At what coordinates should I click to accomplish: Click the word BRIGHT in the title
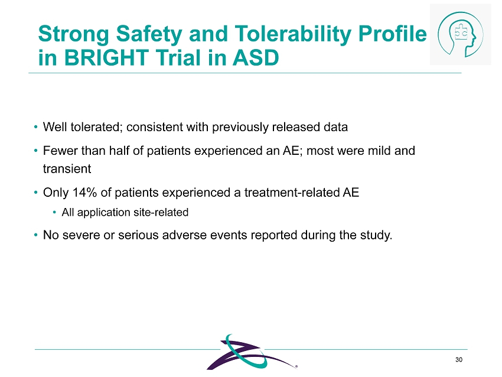[x=106, y=58]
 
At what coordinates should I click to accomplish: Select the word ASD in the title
[x=256, y=58]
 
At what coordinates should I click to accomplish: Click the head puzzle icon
[x=461, y=34]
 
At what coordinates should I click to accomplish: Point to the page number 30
[x=459, y=360]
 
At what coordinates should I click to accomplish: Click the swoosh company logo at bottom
[x=252, y=352]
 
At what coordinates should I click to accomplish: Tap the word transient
[x=67, y=169]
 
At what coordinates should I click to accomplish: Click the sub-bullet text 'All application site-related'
[x=125, y=212]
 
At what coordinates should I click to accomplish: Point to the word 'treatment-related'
[x=292, y=193]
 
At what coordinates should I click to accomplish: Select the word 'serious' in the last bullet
[x=139, y=235]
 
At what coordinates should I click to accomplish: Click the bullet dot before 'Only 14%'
[x=36, y=193]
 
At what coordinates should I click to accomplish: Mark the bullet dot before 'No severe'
[x=36, y=235]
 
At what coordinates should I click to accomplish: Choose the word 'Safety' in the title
[x=149, y=34]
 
